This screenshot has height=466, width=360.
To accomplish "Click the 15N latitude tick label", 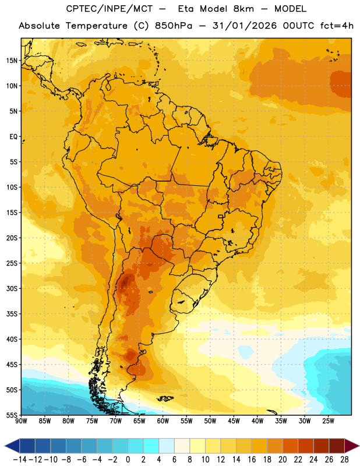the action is (12, 61).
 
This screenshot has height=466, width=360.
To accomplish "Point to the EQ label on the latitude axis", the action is (13, 137).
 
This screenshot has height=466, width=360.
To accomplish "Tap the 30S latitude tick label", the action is (12, 288).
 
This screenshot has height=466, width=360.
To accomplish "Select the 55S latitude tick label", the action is (12, 415).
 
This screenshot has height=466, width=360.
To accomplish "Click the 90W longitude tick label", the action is (22, 421).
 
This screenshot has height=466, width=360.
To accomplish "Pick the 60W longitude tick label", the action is (163, 421).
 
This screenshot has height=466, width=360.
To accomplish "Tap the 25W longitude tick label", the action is (328, 421).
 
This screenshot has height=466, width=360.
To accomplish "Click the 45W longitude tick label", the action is (234, 421).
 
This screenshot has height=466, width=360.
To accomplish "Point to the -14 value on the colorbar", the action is (20, 460).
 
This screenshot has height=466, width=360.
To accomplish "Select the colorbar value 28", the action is (344, 460).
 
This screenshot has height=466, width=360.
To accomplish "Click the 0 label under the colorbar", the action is (128, 460).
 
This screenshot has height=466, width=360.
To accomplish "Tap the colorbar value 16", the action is (252, 460).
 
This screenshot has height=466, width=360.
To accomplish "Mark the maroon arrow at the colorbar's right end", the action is (352, 446).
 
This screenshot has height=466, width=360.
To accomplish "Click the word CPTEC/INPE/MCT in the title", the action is (109, 9).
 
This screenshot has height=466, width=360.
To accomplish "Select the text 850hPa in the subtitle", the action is (174, 26).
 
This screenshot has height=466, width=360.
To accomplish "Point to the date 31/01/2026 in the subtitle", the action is (244, 26).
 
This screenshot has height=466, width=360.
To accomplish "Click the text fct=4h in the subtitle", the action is (337, 26).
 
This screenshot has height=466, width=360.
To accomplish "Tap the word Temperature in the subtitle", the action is (97, 26).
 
